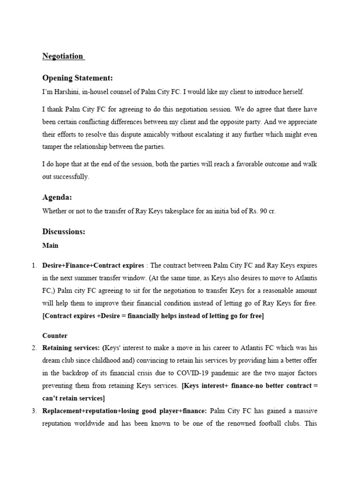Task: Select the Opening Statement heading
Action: [77, 78]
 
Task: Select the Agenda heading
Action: [57, 197]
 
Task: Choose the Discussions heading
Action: [63, 232]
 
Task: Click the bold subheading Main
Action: [50, 245]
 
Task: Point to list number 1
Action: [34, 266]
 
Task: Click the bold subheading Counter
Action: [55, 336]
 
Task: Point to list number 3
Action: [34, 411]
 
